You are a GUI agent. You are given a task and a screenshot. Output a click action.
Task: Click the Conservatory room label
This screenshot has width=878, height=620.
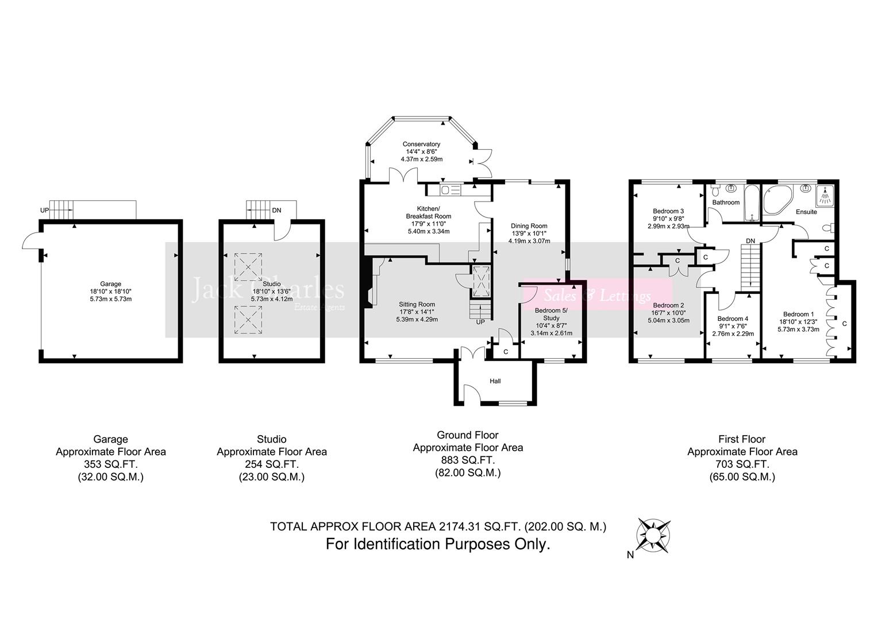pos(421,144)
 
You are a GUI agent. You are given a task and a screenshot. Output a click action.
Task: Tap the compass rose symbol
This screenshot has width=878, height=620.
pos(653,534)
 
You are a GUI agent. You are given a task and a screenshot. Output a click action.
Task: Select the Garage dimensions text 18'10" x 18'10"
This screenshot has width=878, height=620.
pos(111,292)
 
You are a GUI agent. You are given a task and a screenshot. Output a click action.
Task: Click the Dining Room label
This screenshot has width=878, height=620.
pos(529,226)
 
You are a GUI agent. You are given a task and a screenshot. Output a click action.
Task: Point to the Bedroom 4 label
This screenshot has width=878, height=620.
pos(733,319)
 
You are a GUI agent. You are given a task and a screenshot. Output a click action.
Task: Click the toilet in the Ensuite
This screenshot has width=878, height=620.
pos(827,228)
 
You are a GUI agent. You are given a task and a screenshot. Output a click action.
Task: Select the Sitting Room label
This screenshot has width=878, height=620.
pos(417,304)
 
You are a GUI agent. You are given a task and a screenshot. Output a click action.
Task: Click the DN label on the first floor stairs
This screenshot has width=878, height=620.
pos(750,241)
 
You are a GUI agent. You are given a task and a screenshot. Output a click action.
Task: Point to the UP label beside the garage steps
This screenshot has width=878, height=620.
pos(44,211)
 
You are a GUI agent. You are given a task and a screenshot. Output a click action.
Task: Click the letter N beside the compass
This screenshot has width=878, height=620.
pos(630,555)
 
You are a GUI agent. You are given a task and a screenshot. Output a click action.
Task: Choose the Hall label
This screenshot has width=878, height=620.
pos(495,381)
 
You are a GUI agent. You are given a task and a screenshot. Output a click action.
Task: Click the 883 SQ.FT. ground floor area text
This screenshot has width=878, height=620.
pos(468,460)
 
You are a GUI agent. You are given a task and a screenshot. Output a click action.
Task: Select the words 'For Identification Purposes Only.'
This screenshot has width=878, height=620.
pos(438,544)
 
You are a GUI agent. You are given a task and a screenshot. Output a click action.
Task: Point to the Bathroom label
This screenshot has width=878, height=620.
pos(726,203)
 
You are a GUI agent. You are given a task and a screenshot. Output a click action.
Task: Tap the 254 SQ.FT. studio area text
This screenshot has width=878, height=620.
pos(271,464)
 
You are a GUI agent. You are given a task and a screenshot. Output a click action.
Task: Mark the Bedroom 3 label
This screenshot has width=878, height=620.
pos(668,211)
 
